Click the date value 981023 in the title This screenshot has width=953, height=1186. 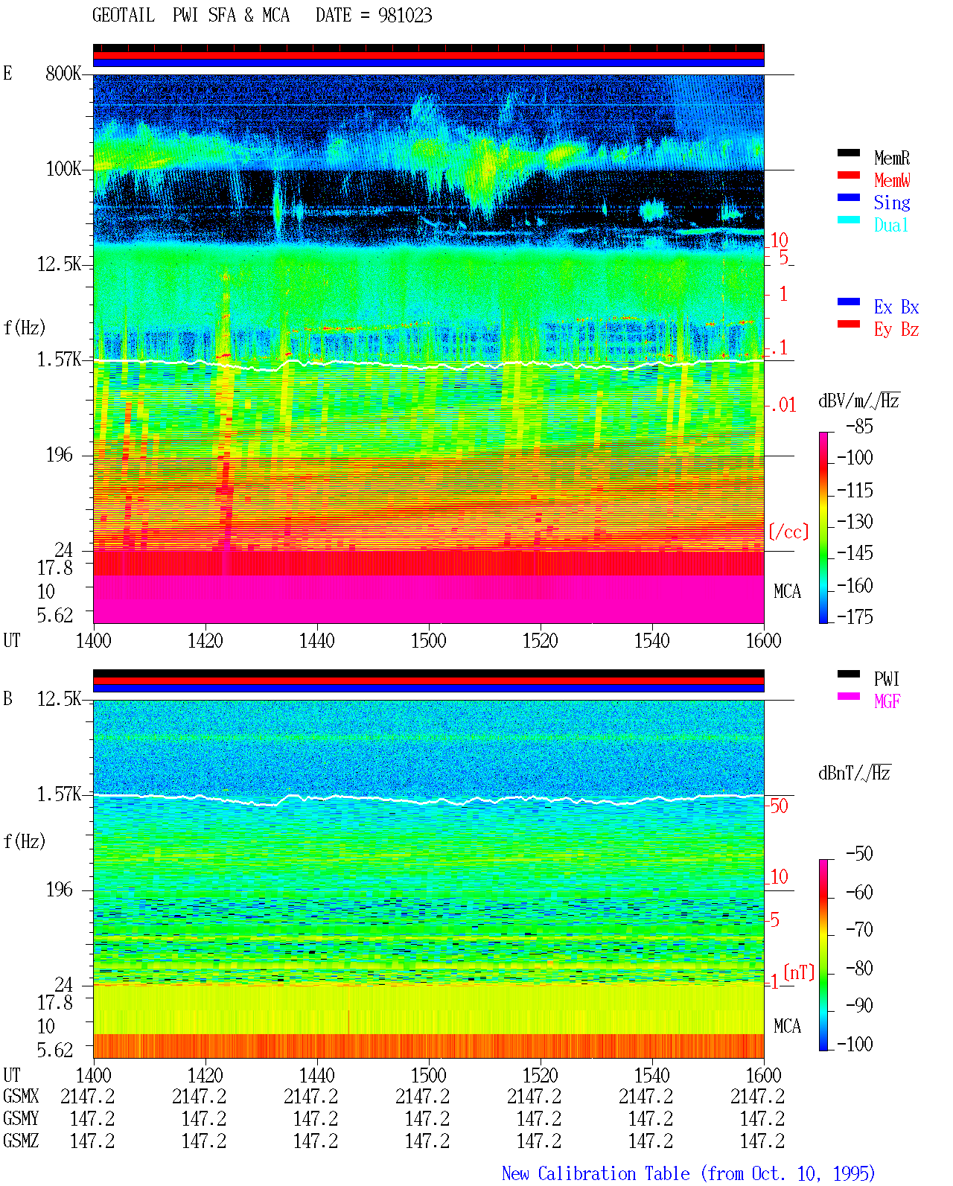point(404,16)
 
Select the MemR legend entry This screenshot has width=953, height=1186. point(891,158)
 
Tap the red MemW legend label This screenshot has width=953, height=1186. point(892,180)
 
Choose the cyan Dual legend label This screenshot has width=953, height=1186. point(890,225)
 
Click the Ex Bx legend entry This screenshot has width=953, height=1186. point(896,307)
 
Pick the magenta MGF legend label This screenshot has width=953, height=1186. point(887,701)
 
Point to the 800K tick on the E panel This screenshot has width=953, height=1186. point(63,73)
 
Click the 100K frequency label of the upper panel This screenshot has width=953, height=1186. point(63,169)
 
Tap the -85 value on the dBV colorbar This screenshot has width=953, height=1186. point(859,427)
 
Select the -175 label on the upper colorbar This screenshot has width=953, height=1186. point(855,616)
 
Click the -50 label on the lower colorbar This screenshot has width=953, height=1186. point(859,854)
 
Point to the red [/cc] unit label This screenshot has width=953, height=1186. point(788,532)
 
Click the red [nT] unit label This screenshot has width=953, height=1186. point(799,972)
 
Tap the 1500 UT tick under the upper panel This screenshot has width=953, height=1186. point(428,640)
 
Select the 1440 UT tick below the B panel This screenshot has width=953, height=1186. point(317,1075)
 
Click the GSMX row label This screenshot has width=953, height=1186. point(21,1097)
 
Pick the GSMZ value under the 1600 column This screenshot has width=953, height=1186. point(762,1141)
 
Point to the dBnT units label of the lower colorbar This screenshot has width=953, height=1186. point(854,774)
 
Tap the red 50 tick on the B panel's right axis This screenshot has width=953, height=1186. point(779,806)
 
